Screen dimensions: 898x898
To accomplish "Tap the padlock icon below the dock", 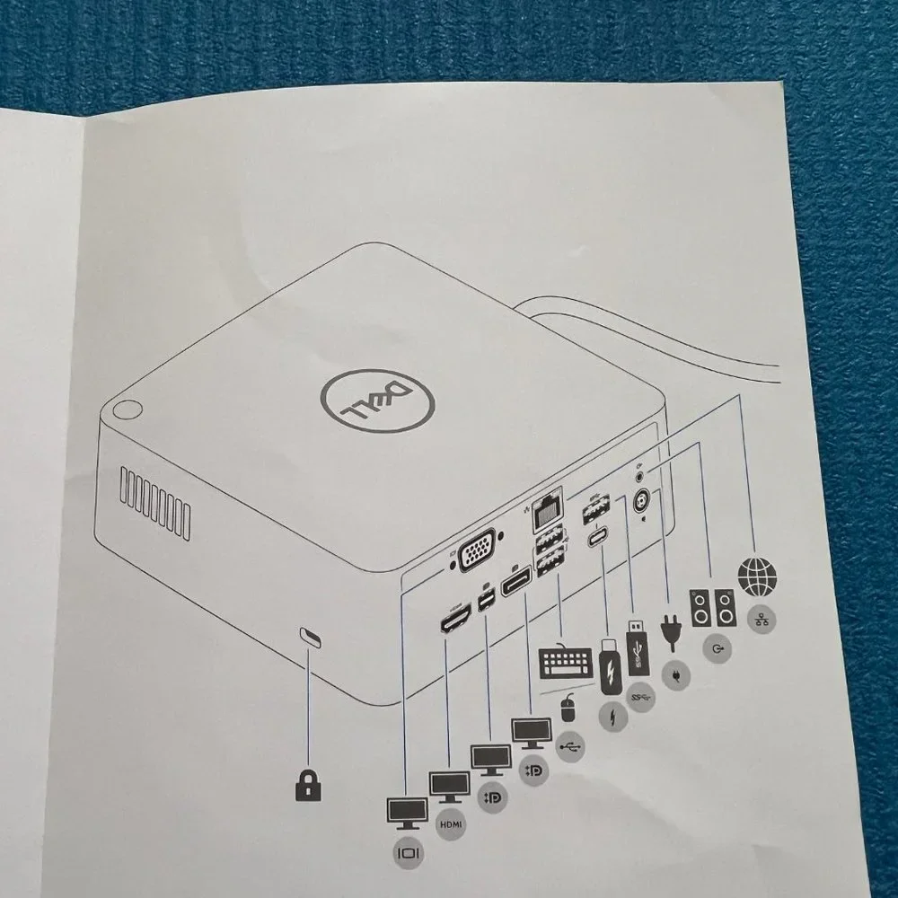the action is [x=308, y=785].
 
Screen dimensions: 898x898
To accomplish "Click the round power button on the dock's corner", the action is [x=127, y=409].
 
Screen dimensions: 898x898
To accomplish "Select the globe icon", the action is [x=758, y=576].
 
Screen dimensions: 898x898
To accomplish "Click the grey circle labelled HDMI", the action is [x=451, y=824].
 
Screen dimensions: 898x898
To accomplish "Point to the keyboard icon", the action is [x=566, y=662].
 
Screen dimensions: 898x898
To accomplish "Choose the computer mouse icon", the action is [x=567, y=708].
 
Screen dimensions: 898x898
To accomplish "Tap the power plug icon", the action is [x=671, y=632].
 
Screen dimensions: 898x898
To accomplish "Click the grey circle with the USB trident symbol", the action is [x=571, y=746].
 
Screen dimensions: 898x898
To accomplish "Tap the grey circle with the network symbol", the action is [x=762, y=619].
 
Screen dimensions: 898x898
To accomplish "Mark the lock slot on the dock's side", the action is [x=311, y=638].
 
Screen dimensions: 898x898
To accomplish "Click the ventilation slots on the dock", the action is [x=155, y=503].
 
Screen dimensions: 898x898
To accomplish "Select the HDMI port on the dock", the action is [x=455, y=617].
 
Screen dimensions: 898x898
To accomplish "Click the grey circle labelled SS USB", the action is [x=640, y=697].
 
